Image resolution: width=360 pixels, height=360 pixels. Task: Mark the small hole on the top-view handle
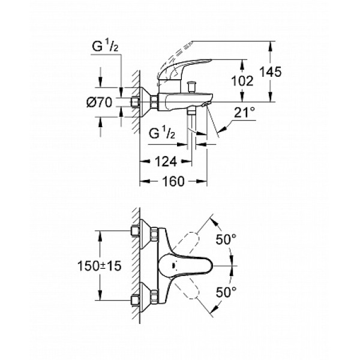click(173, 266)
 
